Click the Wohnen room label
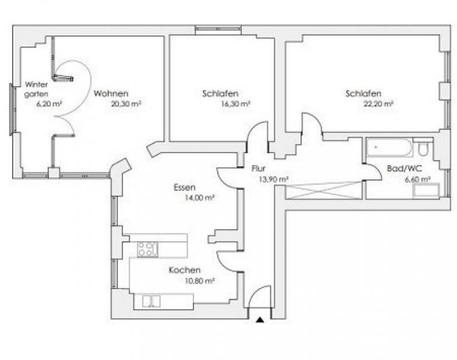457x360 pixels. click(110, 94)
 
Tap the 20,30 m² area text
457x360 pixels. click(126, 103)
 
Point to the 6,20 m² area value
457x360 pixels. click(49, 103)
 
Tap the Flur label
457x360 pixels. click(258, 169)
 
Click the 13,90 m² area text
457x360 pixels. click(274, 179)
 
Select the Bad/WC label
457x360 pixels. click(401, 169)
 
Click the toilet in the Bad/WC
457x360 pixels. click(423, 148)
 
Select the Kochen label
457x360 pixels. click(184, 270)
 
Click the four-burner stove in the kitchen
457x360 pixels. click(148, 248)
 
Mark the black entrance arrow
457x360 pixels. click(259, 322)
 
